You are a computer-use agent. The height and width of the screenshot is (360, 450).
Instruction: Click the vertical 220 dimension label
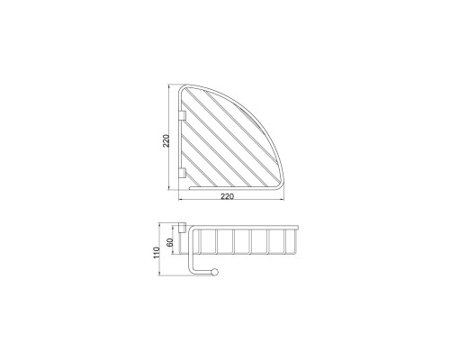click(x=166, y=140)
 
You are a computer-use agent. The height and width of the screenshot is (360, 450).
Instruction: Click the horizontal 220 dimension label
click(x=227, y=196)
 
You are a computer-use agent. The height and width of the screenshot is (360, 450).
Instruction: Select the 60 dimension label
click(x=170, y=242)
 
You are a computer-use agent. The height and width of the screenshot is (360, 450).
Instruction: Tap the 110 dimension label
click(x=157, y=253)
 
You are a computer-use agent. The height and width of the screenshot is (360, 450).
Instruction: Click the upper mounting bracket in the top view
click(x=183, y=115)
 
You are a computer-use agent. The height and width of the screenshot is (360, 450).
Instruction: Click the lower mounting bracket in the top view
click(x=183, y=173)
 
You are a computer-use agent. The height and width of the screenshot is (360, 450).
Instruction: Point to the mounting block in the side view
click(x=182, y=228)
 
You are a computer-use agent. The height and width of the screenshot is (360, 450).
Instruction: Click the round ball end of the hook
click(x=215, y=272)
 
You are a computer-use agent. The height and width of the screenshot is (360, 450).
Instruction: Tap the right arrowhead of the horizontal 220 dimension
click(x=283, y=199)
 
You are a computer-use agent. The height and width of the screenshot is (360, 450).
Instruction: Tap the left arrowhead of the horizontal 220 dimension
click(x=181, y=199)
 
